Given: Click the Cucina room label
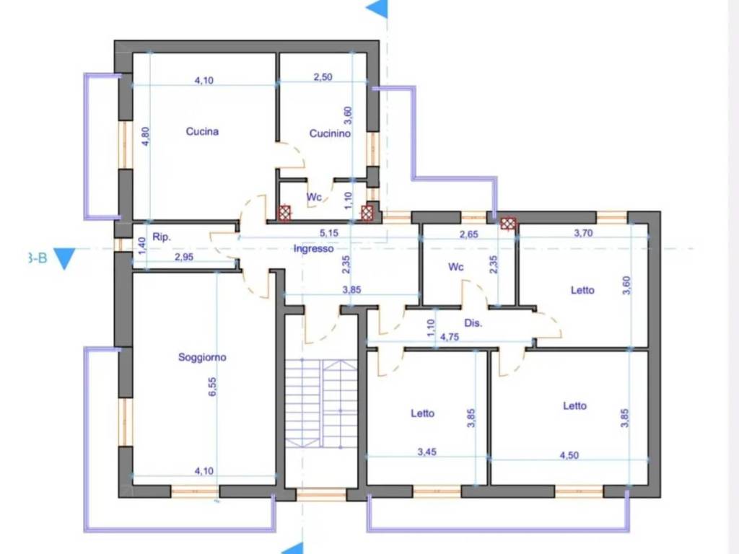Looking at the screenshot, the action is [202, 131].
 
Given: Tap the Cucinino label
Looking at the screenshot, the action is [330, 133].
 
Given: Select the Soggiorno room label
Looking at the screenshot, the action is [202, 357].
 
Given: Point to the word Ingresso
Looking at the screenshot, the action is [313, 248].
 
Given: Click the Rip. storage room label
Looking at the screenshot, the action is [162, 237].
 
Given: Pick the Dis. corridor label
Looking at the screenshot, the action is [473, 323].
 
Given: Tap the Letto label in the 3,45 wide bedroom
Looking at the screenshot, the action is [422, 413].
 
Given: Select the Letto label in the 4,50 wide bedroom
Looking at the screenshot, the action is [574, 405].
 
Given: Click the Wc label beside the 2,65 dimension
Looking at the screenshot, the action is [456, 267].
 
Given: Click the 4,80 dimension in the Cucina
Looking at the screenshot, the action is [146, 136].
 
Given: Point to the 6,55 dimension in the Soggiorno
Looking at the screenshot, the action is [213, 387].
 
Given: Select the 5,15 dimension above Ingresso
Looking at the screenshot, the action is [329, 233].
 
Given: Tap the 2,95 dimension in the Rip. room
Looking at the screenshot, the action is [184, 258].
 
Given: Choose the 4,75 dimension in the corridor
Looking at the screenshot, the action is [450, 337].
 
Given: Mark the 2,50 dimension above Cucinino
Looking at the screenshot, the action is [323, 76].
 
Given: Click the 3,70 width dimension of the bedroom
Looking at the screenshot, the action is [583, 233].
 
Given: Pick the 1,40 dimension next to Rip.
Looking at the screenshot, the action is [143, 246].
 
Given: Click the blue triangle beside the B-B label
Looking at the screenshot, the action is [64, 259].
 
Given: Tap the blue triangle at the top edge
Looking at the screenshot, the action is [377, 9].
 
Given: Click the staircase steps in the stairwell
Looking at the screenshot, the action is [321, 403].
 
